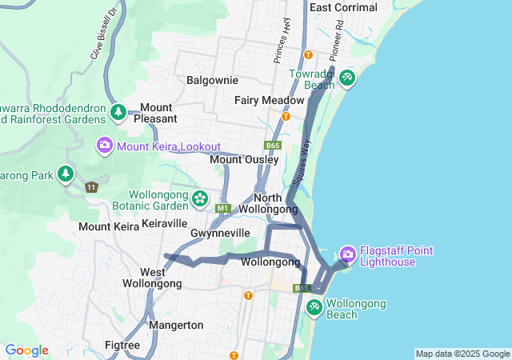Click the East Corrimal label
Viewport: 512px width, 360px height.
[x=343, y=7]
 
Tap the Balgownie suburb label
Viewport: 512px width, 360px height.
[x=212, y=80]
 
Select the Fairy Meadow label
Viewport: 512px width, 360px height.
[x=269, y=100]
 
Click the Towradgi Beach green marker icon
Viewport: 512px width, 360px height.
[x=346, y=78]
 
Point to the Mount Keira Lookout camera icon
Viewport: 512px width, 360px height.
[x=105, y=146]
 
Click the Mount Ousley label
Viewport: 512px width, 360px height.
[x=244, y=160]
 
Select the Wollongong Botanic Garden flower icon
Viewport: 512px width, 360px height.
[x=199, y=198]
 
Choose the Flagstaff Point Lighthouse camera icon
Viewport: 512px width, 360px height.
[x=348, y=254]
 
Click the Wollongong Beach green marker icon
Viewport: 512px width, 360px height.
[x=314, y=306]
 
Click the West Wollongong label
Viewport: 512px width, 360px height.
[x=152, y=278]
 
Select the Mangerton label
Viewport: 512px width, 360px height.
[x=176, y=325]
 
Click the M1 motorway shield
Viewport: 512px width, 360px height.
[x=222, y=209]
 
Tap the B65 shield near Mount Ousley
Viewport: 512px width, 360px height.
[x=272, y=146]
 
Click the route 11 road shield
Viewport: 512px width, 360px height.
[x=92, y=186]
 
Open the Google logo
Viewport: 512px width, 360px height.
[x=26, y=350]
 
